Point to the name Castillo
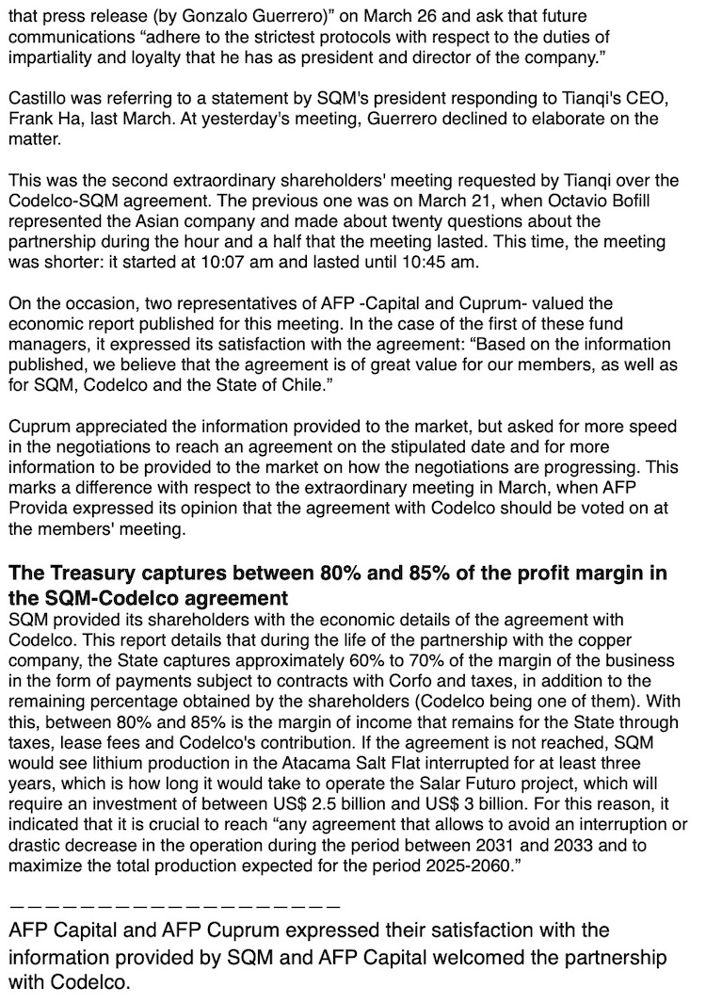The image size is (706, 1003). tap(36, 100)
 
